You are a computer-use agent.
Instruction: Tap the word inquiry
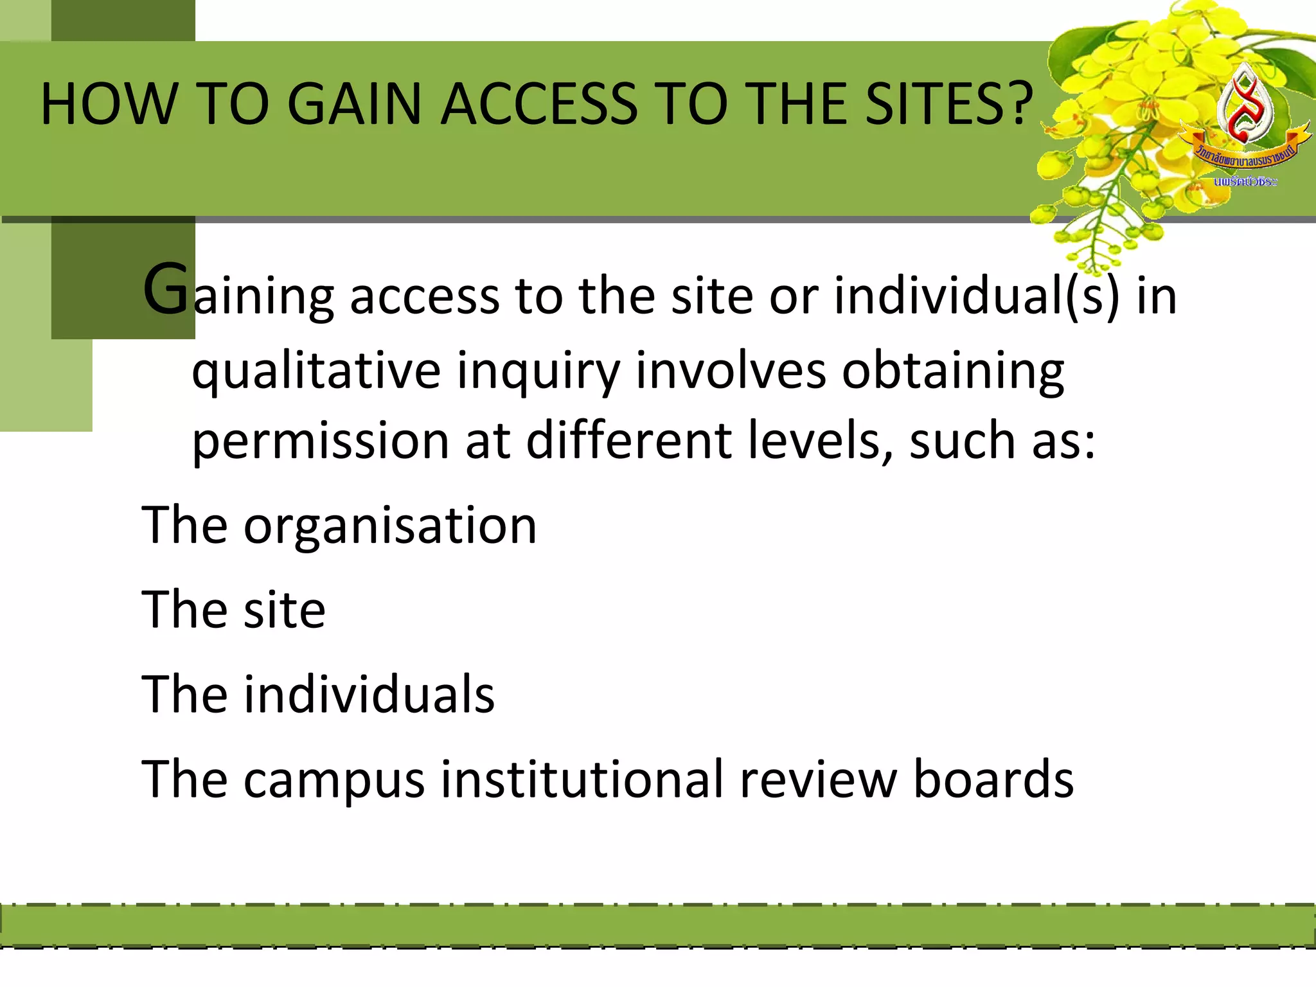(x=538, y=371)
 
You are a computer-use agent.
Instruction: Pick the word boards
(x=993, y=779)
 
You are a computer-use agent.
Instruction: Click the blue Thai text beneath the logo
(x=1245, y=182)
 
